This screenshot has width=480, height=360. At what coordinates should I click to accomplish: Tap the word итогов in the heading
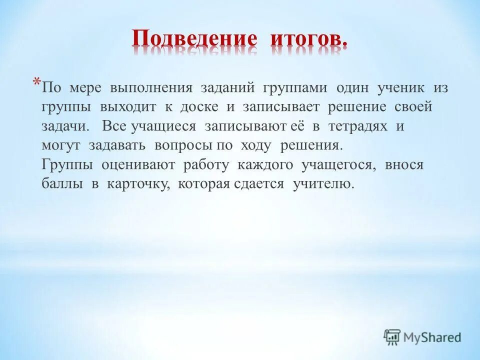click(x=308, y=39)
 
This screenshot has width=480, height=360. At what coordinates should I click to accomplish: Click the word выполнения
click(x=151, y=88)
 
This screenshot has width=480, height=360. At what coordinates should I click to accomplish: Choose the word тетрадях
click(x=358, y=126)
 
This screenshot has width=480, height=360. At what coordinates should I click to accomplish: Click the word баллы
click(x=62, y=183)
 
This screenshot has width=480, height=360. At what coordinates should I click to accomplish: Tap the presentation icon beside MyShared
click(x=392, y=337)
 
